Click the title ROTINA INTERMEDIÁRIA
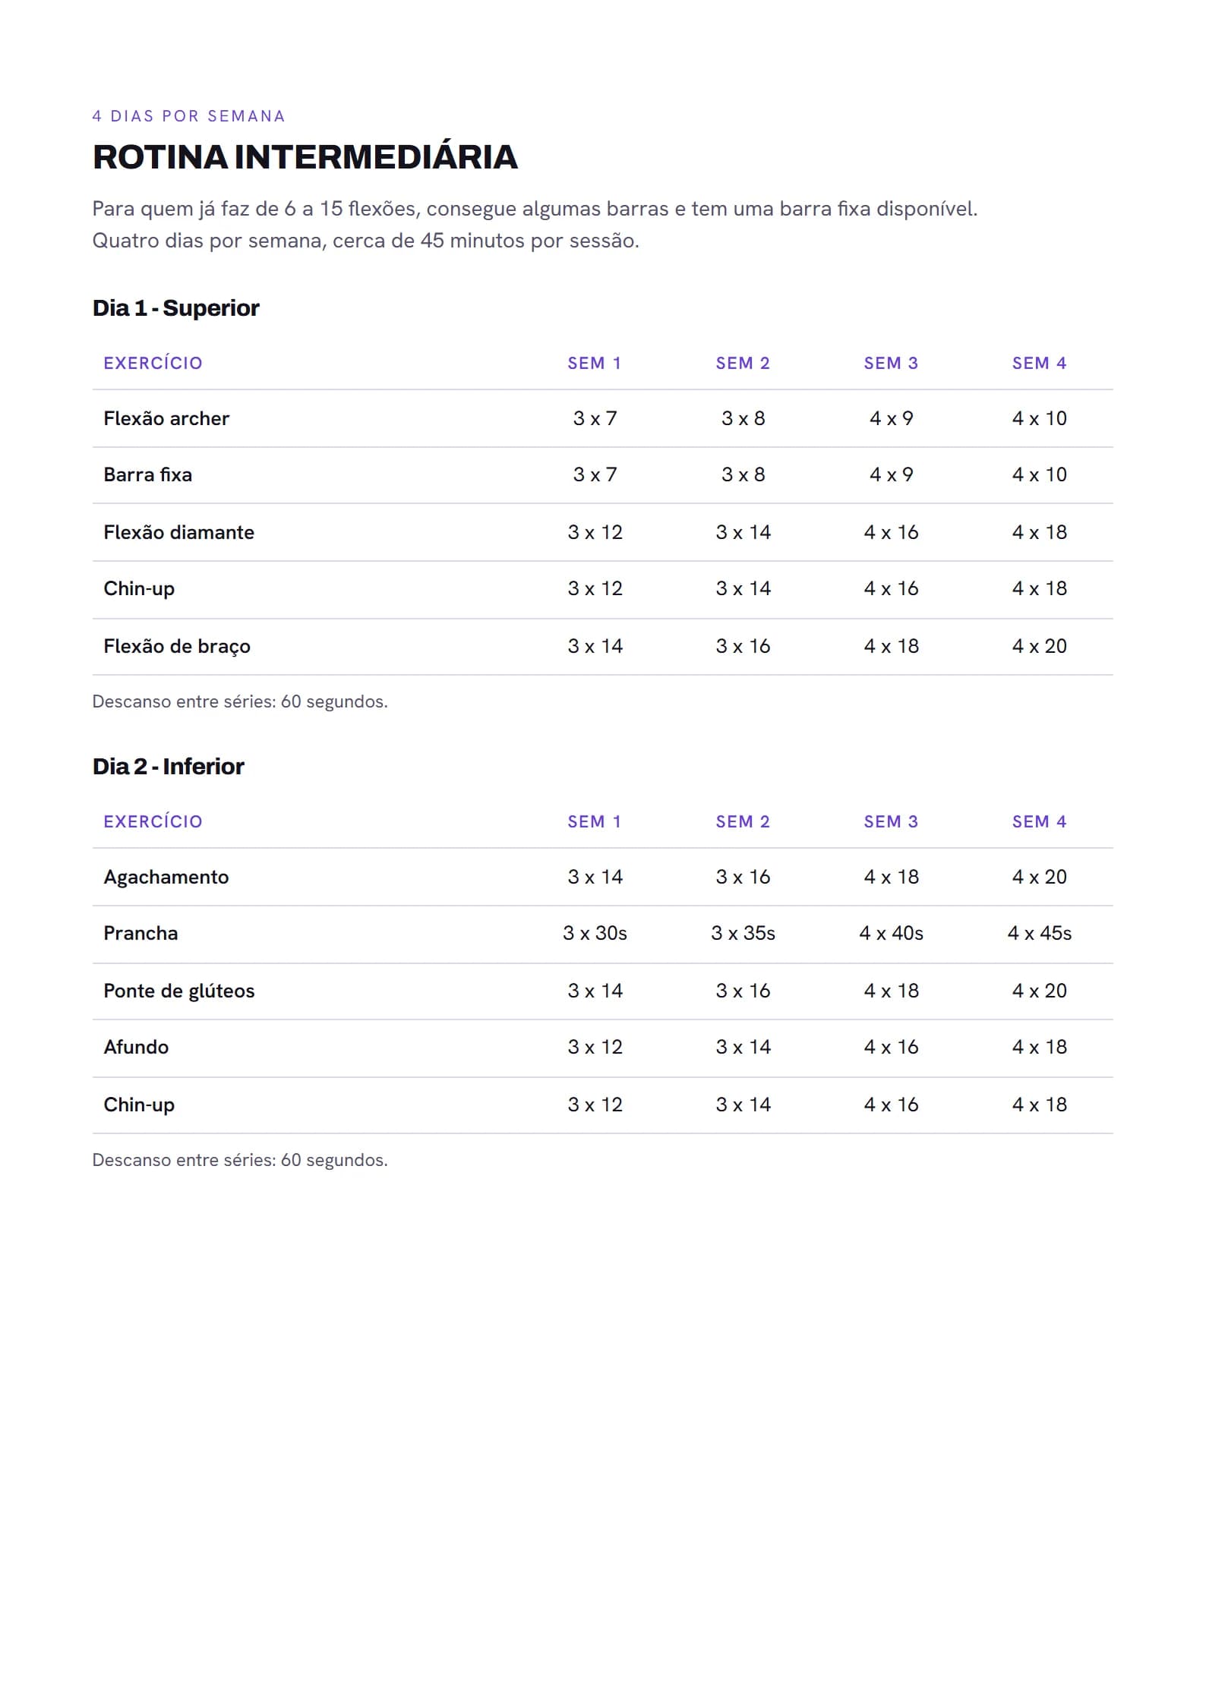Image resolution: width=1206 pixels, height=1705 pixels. [305, 157]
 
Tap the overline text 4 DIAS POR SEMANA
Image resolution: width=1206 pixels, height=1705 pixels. [188, 116]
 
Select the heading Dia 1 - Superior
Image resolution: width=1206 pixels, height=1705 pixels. [175, 307]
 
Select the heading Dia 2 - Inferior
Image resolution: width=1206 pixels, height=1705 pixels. [168, 766]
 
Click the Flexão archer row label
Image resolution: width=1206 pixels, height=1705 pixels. [166, 418]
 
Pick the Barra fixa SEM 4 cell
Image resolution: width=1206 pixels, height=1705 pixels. [1039, 474]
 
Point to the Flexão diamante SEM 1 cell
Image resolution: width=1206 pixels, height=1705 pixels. [595, 532]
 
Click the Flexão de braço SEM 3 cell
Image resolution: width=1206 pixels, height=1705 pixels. [891, 646]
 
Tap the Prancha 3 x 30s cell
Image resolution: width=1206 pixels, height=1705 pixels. [595, 933]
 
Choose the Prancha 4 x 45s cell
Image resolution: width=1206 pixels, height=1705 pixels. [1039, 933]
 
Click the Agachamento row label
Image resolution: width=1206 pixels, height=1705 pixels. [166, 877]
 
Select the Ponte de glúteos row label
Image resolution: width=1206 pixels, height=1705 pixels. [178, 991]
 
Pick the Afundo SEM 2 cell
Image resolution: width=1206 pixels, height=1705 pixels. [743, 1047]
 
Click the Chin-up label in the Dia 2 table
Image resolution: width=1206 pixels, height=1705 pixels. [139, 1105]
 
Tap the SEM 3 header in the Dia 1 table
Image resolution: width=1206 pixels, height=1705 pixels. [891, 363]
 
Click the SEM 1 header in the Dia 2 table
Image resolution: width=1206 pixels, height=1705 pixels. [595, 821]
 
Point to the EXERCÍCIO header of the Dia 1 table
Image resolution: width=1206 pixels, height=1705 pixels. [153, 363]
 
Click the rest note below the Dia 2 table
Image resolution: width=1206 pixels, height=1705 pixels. [240, 1160]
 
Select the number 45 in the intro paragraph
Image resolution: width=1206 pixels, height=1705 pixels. [432, 241]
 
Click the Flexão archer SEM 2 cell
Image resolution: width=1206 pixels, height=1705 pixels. [743, 418]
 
